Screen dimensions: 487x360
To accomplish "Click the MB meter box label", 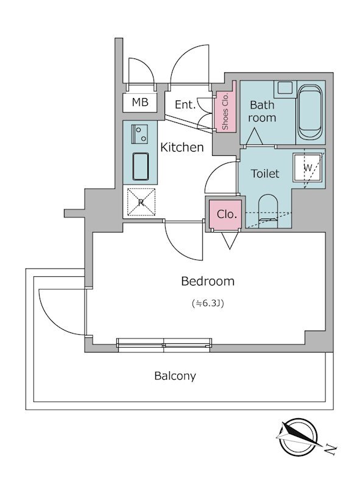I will (x=140, y=103).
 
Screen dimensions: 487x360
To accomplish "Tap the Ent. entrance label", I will (x=185, y=105).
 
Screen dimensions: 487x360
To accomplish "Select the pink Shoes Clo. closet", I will (x=225, y=112).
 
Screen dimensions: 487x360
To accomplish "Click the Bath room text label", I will (x=263, y=111).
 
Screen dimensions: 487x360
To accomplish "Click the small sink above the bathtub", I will (x=283, y=88).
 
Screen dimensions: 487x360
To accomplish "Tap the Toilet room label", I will (x=266, y=173).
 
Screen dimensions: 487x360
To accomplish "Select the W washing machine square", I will (x=308, y=167).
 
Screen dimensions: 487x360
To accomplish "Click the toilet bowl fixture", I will (x=268, y=211).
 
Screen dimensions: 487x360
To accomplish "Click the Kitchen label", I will (x=182, y=147).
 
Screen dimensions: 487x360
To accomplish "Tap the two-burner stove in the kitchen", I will (x=140, y=133).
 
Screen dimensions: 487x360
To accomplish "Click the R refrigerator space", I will (x=141, y=202).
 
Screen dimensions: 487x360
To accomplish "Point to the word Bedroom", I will (x=208, y=281).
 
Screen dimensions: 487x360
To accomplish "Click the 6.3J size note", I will (x=208, y=303).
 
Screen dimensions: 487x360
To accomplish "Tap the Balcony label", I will (x=175, y=376).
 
